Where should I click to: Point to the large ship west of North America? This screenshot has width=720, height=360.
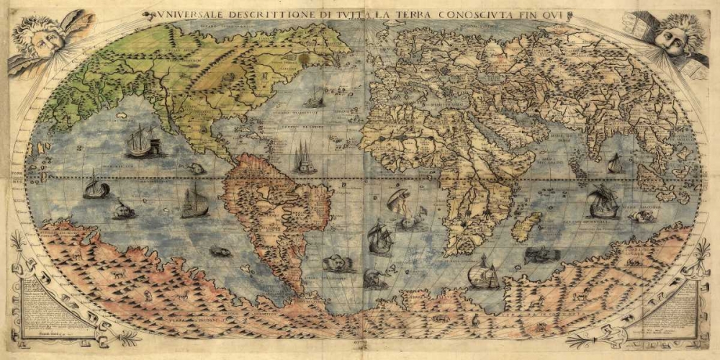click(140, 141)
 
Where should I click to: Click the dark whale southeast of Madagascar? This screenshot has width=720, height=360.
click(541, 254)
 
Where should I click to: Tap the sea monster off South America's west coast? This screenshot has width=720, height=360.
click(220, 252)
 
